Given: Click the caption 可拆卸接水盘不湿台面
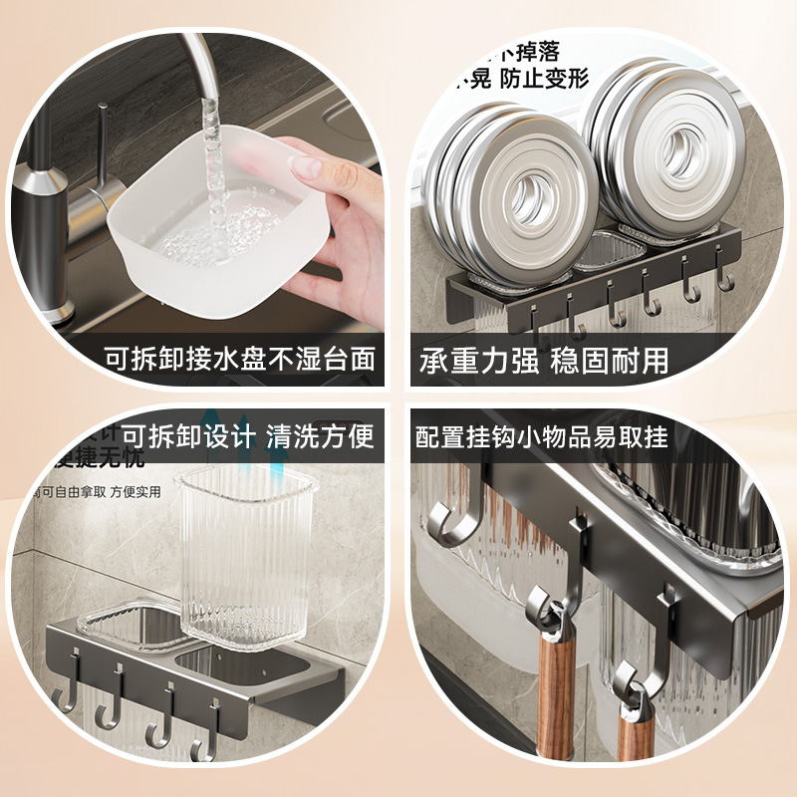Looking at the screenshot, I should (239, 359).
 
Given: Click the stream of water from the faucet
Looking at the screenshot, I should (214, 179).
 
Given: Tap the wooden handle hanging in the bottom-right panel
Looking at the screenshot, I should (543, 697).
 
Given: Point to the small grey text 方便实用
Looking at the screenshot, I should (134, 491).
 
